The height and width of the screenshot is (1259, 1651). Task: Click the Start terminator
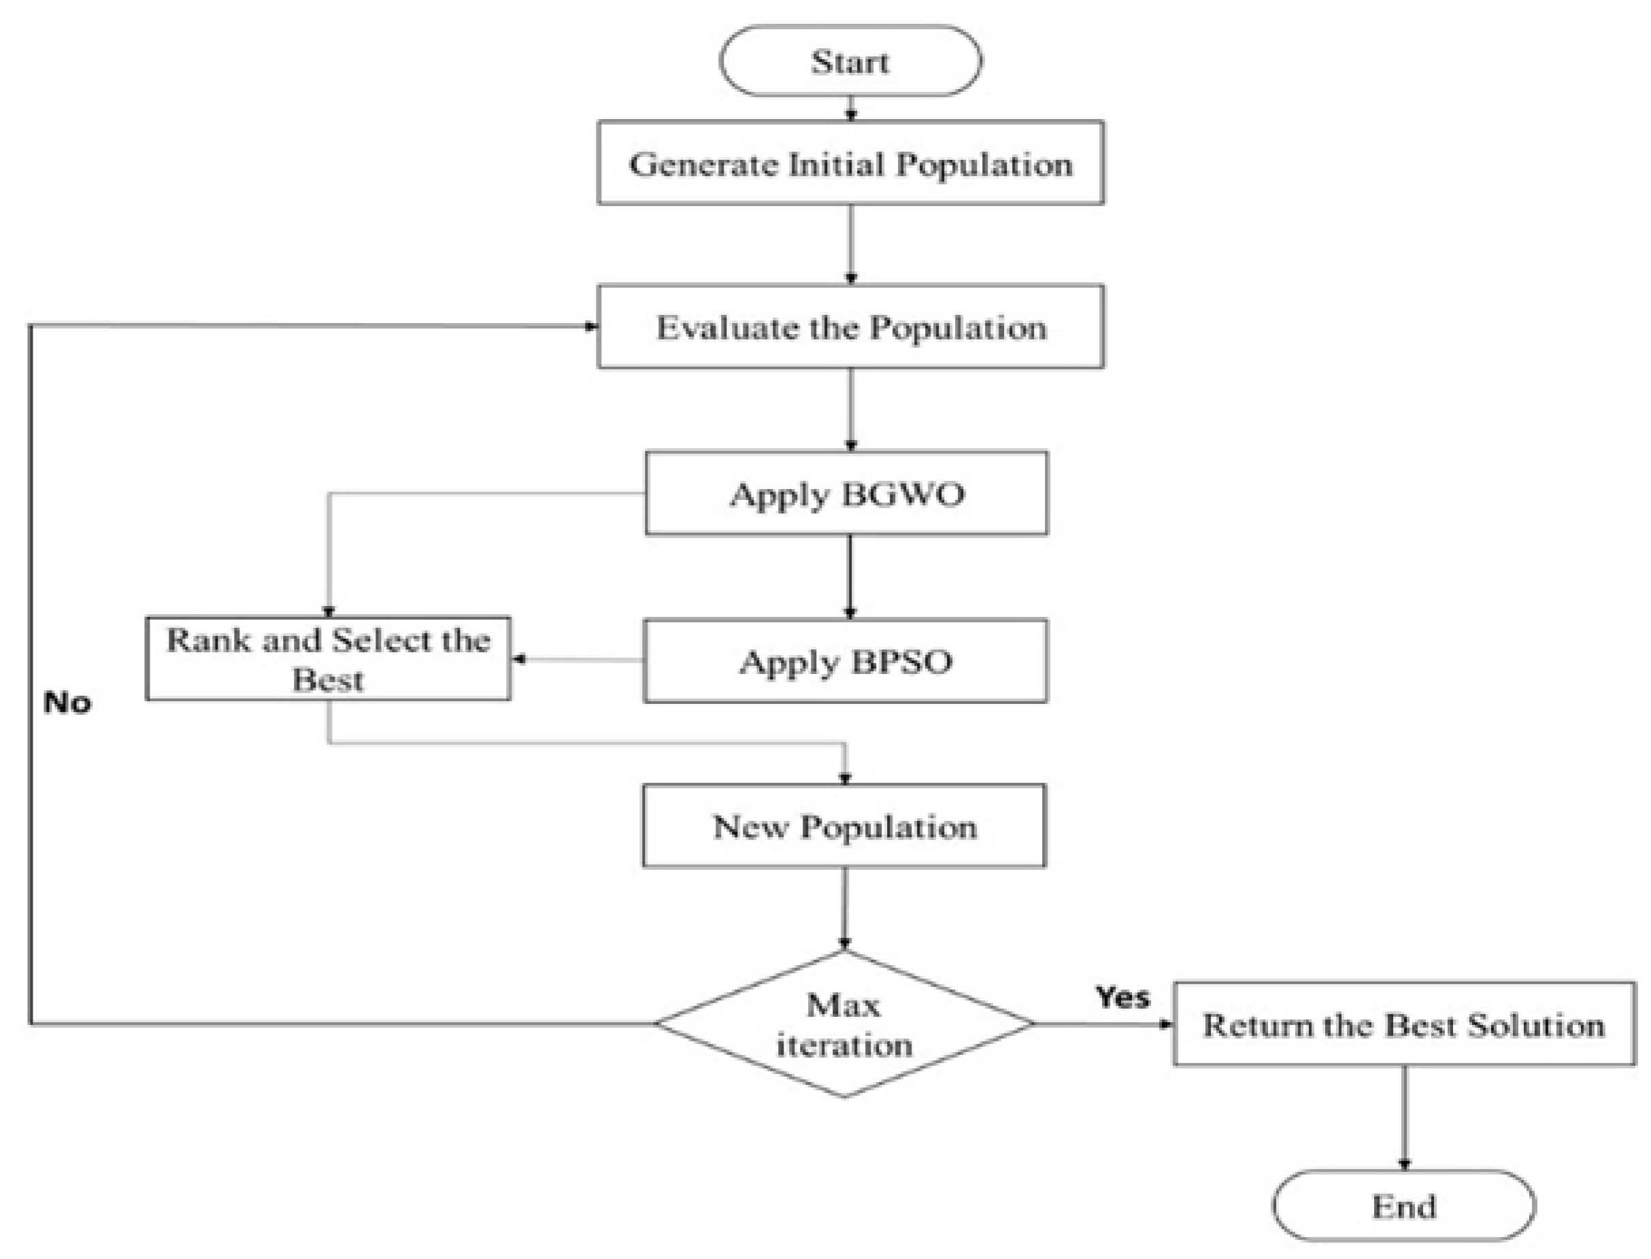[850, 61]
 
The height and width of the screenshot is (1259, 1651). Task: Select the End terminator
[1403, 1206]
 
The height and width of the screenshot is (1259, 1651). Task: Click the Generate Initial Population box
[850, 163]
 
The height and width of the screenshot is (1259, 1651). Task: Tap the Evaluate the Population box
[850, 326]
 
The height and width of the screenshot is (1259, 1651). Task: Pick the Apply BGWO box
[846, 493]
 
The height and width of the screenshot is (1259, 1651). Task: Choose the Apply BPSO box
[845, 661]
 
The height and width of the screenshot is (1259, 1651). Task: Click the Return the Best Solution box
[1403, 1024]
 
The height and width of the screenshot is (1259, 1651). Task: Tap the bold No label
[67, 703]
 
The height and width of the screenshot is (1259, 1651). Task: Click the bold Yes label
[1122, 997]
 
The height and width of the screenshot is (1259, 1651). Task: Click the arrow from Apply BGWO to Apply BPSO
[849, 575]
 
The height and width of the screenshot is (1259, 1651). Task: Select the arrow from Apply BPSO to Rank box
[577, 660]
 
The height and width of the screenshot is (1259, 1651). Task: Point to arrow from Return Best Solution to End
[1403, 1117]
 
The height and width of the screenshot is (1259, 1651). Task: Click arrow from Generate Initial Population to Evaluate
[850, 244]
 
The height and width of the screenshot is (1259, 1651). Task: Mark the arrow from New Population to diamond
[845, 908]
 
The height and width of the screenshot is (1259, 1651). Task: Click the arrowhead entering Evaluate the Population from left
[591, 326]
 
